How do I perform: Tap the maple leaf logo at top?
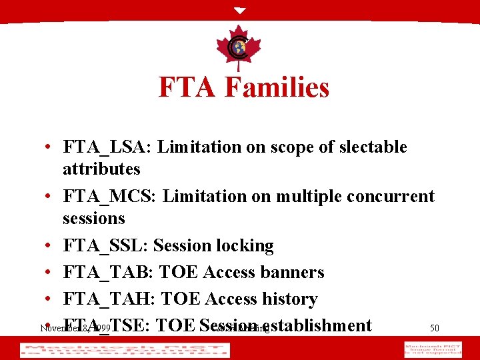tap(239, 47)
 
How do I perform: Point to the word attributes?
tap(101, 169)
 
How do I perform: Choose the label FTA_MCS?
tap(111, 197)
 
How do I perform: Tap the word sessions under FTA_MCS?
tap(94, 219)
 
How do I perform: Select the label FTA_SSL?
tap(105, 246)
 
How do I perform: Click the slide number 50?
tap(434, 328)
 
